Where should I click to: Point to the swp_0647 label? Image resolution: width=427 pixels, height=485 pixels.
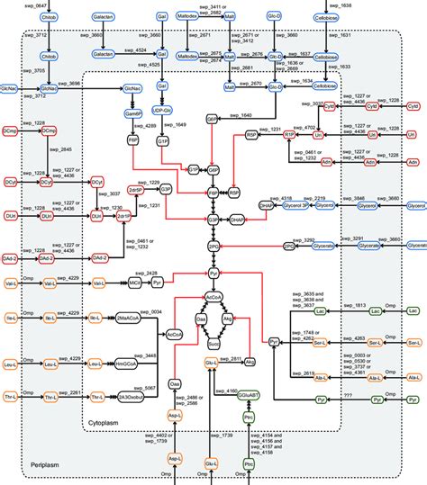(x=19, y=6)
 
